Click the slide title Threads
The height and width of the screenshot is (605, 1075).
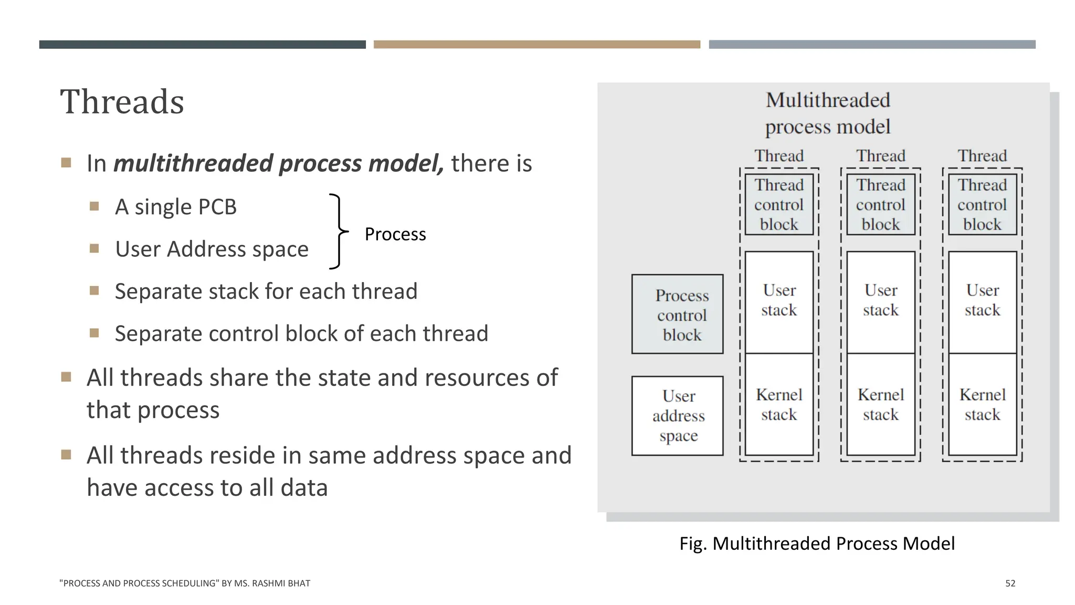[x=122, y=102]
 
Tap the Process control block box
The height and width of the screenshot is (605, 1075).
[x=677, y=315]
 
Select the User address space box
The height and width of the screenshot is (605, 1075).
[x=677, y=415]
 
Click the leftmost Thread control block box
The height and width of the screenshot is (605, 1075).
[x=779, y=205]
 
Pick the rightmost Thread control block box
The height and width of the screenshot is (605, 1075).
[x=982, y=205]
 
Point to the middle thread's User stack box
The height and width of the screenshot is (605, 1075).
[x=880, y=302]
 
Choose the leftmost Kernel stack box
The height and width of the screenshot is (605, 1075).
[x=779, y=404]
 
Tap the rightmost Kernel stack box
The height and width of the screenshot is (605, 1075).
[x=982, y=404]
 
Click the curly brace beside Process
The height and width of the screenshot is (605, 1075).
[x=338, y=232]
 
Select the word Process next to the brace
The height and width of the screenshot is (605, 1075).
[x=395, y=234]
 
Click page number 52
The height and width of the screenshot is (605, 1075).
[x=1010, y=583]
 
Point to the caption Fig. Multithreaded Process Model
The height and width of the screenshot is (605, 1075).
[x=817, y=543]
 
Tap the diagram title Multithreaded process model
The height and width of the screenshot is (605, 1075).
[x=828, y=113]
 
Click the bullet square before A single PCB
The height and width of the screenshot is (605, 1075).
[x=94, y=206]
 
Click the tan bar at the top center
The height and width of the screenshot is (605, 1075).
[x=536, y=45]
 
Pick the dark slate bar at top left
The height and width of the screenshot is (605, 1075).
[x=202, y=45]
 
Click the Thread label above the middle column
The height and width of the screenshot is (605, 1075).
[x=880, y=156]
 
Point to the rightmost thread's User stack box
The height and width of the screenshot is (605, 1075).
[x=982, y=302]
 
